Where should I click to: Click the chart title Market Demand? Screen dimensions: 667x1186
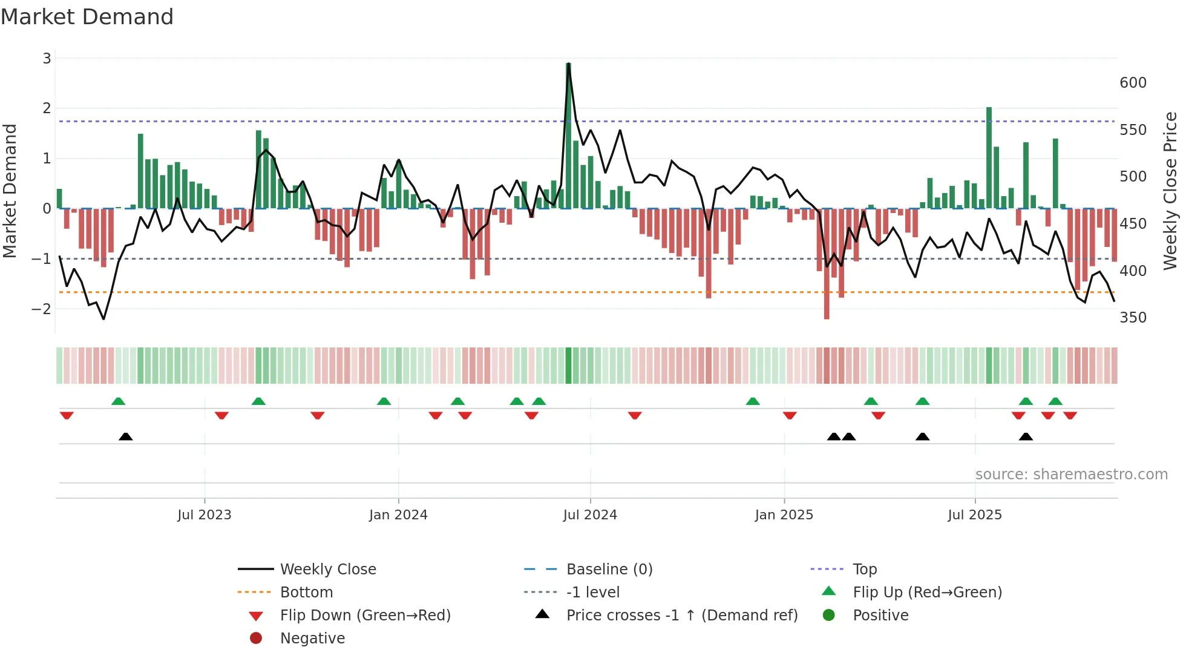coord(87,17)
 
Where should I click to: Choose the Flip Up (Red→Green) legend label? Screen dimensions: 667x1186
coord(927,593)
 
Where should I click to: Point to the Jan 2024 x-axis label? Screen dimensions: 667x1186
coord(398,515)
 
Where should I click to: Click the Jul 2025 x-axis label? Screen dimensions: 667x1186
coord(974,515)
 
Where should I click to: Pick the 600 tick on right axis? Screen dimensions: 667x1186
coord(1133,83)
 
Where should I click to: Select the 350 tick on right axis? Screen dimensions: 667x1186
coord(1133,318)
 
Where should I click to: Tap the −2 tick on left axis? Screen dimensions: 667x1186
coord(41,309)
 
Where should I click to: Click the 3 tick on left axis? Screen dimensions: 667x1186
coord(47,59)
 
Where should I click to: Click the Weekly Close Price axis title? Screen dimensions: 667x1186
coord(1170,191)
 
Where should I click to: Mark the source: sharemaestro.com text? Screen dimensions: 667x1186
coord(1071,475)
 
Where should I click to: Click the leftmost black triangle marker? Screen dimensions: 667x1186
coord(126,437)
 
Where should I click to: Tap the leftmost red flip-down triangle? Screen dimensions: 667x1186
coord(67,415)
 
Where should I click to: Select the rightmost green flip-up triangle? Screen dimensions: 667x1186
coord(1055,401)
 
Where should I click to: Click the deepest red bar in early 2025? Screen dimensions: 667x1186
coord(827,264)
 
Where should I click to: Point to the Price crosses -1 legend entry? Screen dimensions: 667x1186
coord(681,616)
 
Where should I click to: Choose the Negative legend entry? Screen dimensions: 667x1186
coord(312,639)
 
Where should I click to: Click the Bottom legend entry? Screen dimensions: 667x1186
coord(306,593)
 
